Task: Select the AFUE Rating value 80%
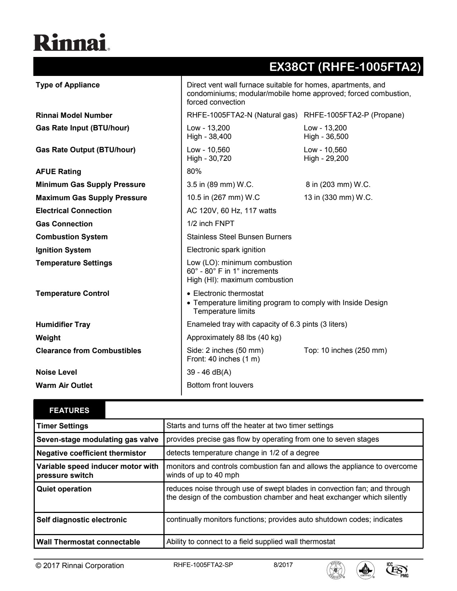[x=194, y=172]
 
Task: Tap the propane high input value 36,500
[x=326, y=136]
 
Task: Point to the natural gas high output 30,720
[x=209, y=158]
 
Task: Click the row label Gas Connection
[x=64, y=224]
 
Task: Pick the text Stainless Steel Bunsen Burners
[x=239, y=237]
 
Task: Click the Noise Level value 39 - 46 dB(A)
[x=209, y=372]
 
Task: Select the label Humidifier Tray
[x=63, y=325]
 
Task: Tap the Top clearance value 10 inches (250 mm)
[x=345, y=350]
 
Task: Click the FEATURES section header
[x=70, y=410]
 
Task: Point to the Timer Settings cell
[x=62, y=426]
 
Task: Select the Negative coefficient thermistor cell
[x=91, y=453]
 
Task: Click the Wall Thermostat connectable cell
[x=88, y=542]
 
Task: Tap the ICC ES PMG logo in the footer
[x=398, y=569]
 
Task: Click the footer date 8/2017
[x=283, y=565]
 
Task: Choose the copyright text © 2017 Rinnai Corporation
[x=80, y=566]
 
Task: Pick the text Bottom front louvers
[x=220, y=385]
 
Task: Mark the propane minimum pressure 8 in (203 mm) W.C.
[x=338, y=184]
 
